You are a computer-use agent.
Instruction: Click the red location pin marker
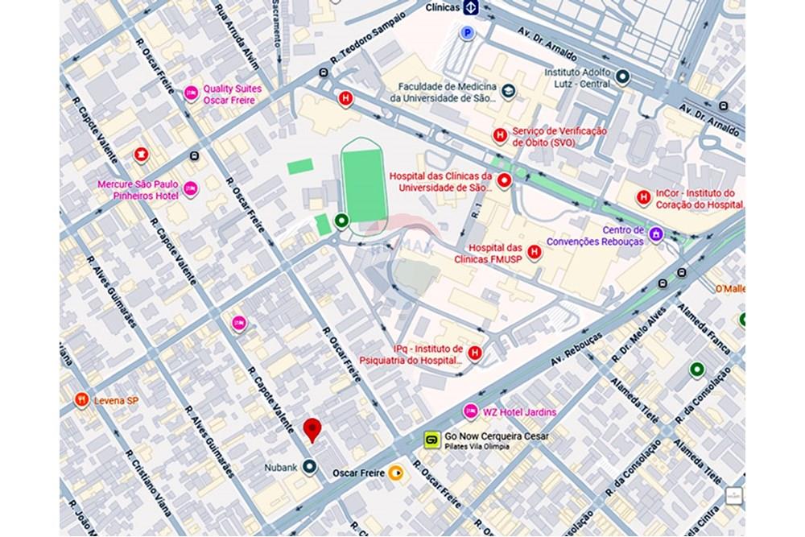click(x=312, y=429)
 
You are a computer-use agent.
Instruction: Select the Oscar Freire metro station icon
click(x=395, y=473)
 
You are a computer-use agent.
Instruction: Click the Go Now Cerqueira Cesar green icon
click(x=431, y=440)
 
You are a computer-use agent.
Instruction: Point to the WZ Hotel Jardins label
click(x=519, y=412)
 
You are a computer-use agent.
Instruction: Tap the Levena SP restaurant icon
click(x=81, y=399)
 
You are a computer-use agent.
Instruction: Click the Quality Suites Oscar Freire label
click(x=229, y=95)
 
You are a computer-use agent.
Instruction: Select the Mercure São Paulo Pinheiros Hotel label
click(x=138, y=189)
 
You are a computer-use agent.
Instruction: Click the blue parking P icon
click(x=466, y=33)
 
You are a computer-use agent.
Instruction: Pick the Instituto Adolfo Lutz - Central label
click(x=577, y=77)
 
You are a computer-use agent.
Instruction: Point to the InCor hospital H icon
click(x=643, y=197)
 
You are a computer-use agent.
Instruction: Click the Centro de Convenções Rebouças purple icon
click(x=656, y=234)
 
